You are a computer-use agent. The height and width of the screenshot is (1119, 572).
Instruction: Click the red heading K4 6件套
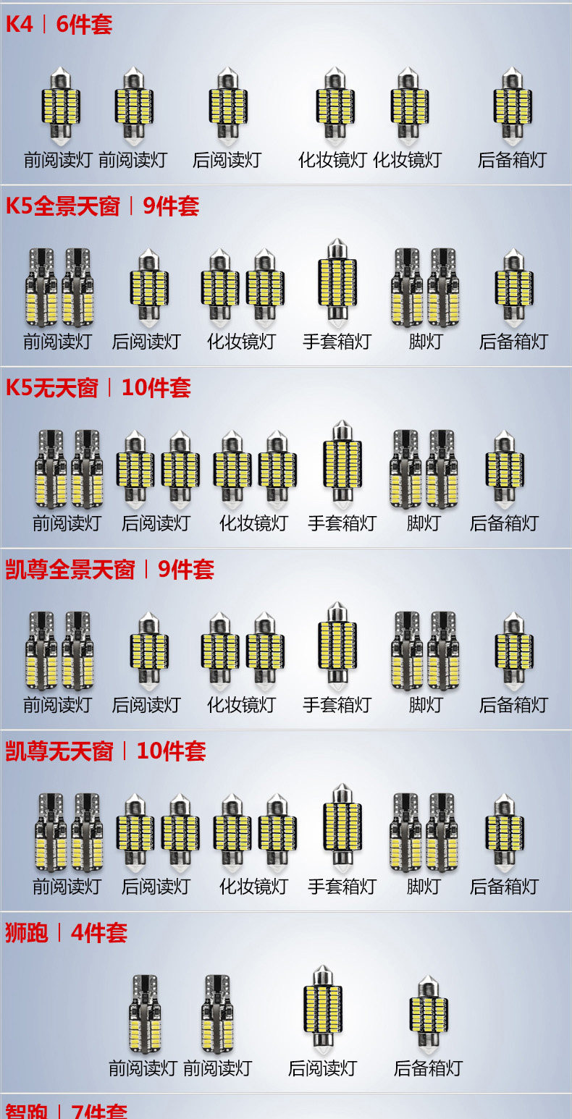(x=59, y=25)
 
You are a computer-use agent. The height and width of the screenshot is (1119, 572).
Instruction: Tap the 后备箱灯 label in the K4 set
(x=512, y=160)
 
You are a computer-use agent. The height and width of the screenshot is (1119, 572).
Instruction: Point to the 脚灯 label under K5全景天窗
(x=425, y=342)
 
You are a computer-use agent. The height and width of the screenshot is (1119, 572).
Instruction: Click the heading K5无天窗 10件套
(x=98, y=388)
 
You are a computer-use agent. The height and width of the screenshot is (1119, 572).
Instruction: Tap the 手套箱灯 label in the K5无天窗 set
(x=342, y=523)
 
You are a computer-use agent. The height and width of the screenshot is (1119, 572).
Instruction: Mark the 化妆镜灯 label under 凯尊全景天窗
(x=242, y=705)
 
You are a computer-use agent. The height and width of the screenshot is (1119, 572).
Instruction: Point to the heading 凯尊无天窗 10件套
(x=106, y=751)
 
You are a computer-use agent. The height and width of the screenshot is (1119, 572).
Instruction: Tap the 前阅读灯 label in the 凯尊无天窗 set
(x=67, y=887)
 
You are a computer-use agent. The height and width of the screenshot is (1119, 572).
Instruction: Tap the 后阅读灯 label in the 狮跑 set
(x=322, y=1068)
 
